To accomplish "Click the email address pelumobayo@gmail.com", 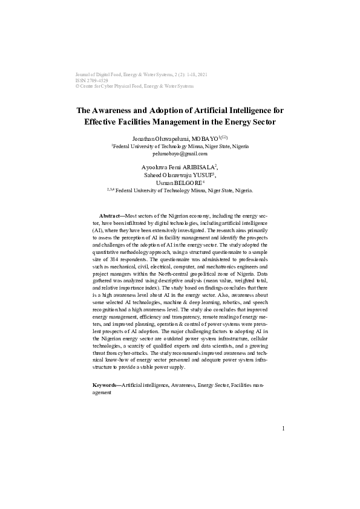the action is point(180,154).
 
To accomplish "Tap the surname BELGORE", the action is point(191,183).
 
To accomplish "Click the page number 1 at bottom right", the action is point(283,429).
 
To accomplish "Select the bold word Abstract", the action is point(110,216).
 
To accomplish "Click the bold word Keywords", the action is point(106,384).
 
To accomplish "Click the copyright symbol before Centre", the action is point(77,86).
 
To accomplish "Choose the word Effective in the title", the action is point(105,122).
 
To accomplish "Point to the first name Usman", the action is point(164,183).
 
